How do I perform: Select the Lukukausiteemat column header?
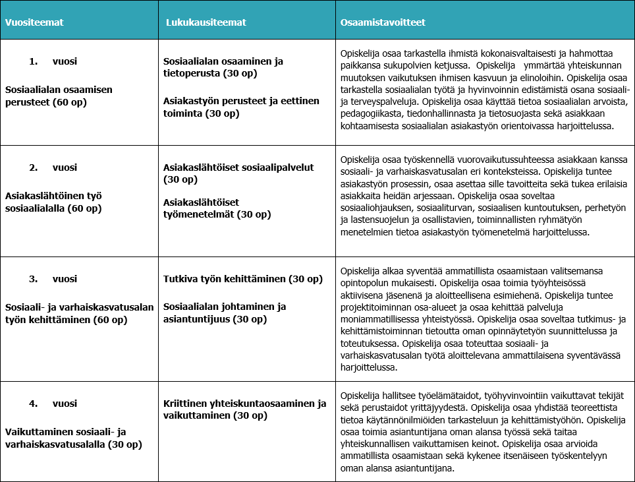tap(206, 22)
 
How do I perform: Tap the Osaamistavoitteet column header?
tap(383, 22)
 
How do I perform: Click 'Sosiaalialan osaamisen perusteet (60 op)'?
tap(59, 96)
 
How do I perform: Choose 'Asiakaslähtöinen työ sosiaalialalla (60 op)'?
tap(53, 202)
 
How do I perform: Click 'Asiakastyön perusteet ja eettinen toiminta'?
tap(240, 107)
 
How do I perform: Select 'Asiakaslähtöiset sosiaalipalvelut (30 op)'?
tap(238, 173)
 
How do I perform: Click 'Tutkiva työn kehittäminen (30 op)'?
tap(243, 279)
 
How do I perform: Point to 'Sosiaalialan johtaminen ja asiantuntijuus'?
tap(224, 313)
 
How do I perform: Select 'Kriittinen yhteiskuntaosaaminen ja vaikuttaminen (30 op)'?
tap(244, 409)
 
